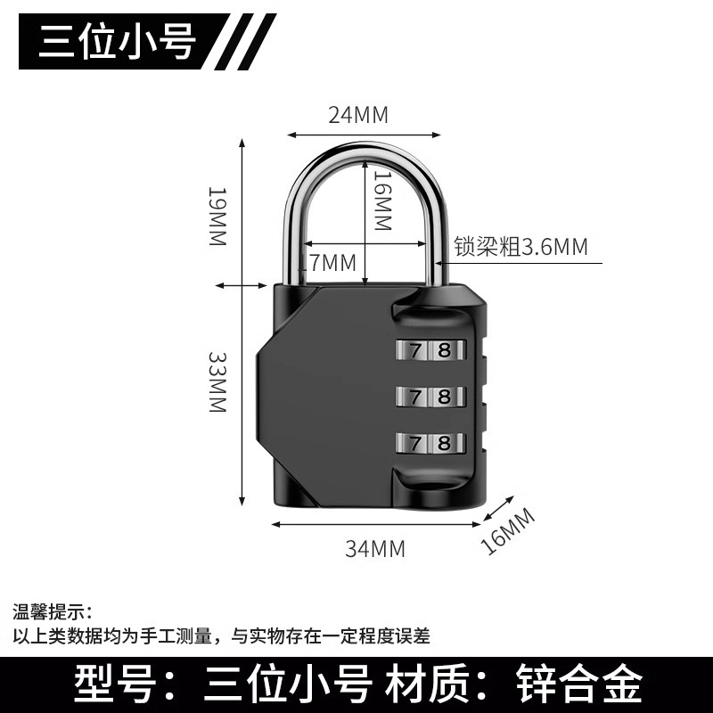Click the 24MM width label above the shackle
359,114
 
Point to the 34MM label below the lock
375,549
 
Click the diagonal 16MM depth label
508,531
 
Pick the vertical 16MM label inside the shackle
381,201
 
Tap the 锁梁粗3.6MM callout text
521,247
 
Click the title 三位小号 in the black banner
117,40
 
